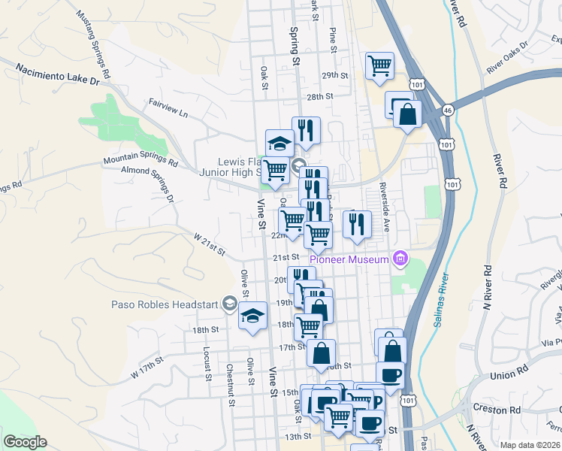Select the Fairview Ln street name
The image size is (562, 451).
click(x=168, y=107)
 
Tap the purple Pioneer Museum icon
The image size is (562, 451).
click(x=400, y=259)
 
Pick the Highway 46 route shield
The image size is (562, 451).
click(x=448, y=110)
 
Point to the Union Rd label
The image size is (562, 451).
click(x=509, y=374)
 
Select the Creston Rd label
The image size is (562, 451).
click(x=497, y=409)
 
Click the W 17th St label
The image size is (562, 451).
click(x=147, y=368)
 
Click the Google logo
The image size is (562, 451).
click(x=25, y=442)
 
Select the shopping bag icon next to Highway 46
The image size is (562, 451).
click(x=407, y=114)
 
